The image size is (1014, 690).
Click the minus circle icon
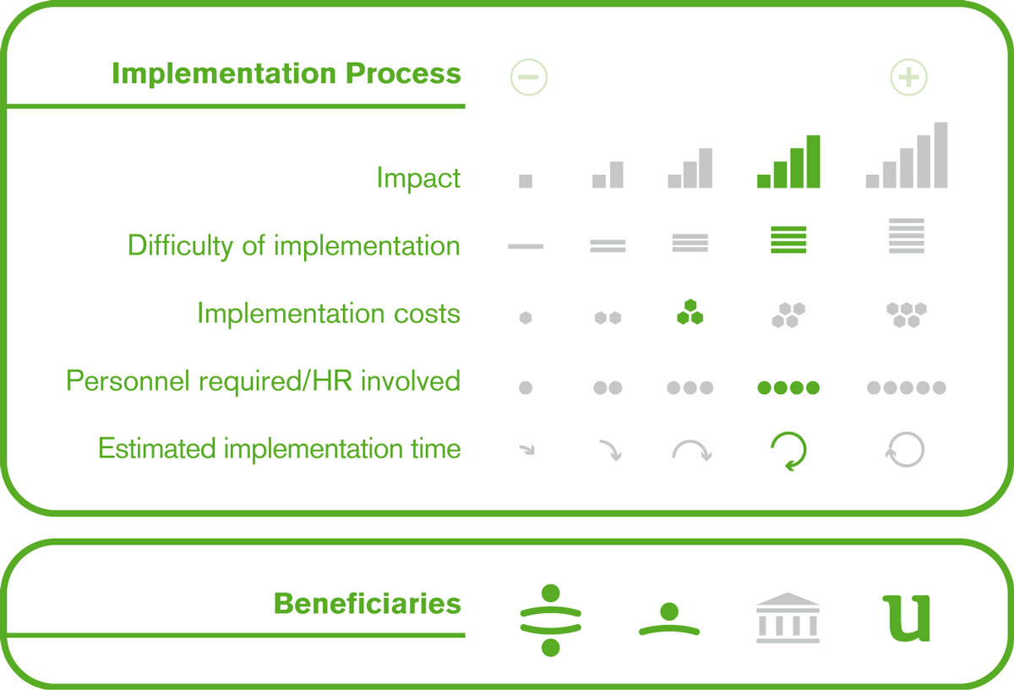point(528,77)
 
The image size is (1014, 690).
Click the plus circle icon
point(908,77)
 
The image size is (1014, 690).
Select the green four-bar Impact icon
point(788,162)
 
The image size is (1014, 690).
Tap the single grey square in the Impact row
point(526,181)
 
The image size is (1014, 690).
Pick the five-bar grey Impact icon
point(906,155)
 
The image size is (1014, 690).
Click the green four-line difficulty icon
point(788,239)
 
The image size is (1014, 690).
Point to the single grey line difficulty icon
point(526,246)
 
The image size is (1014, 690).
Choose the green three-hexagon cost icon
point(690,312)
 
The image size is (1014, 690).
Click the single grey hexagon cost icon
point(526,318)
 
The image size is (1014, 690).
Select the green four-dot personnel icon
point(788,387)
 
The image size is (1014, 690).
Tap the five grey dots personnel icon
point(906,387)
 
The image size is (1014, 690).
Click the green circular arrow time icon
point(788,452)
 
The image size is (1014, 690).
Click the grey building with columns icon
point(788,617)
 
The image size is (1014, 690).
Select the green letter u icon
point(906,618)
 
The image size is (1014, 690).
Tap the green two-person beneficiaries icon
point(550,620)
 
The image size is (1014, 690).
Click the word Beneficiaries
point(367,604)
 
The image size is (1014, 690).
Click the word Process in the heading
point(403,73)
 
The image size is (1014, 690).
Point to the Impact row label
point(418,178)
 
